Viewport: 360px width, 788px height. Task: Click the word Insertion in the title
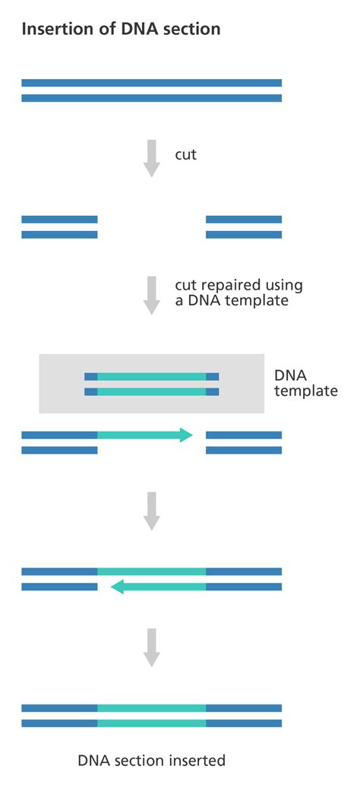click(x=52, y=30)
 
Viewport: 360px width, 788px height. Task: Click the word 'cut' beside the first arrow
click(x=186, y=154)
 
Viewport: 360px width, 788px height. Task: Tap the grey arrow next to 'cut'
click(x=152, y=158)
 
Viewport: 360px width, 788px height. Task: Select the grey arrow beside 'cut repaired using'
click(x=152, y=295)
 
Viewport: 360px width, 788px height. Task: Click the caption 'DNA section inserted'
click(x=152, y=760)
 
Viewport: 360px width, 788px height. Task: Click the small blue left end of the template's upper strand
click(x=90, y=376)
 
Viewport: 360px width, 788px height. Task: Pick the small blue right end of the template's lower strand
click(x=212, y=392)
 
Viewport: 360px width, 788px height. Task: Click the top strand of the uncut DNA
click(x=152, y=83)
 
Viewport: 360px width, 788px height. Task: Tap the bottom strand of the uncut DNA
click(x=152, y=98)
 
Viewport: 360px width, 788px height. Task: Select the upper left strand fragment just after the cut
click(x=59, y=219)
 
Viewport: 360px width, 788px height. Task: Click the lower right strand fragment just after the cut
click(x=244, y=235)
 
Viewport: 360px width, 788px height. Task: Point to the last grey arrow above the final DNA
click(x=152, y=647)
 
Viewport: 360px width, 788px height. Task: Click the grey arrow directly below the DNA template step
click(x=152, y=511)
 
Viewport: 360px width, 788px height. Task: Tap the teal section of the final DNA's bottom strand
click(x=152, y=723)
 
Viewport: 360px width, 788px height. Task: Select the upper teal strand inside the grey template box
click(x=152, y=376)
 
